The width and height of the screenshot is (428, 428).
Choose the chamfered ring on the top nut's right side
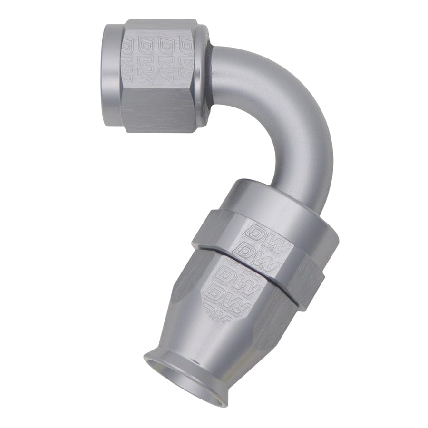tap(203, 76)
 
